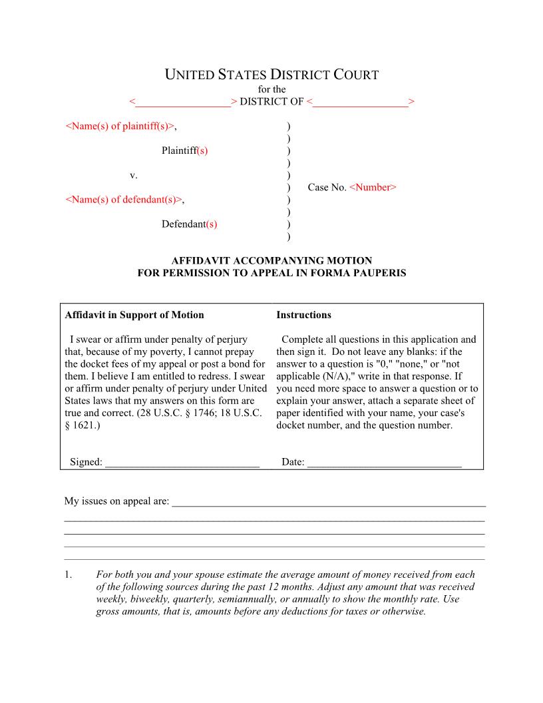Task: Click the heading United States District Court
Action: [271, 75]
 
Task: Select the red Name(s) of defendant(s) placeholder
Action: [124, 199]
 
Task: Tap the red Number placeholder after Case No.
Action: [373, 188]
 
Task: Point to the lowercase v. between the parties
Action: [133, 175]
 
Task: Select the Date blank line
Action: [384, 462]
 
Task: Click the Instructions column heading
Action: [303, 315]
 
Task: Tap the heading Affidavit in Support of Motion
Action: [134, 315]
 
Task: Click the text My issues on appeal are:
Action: [116, 501]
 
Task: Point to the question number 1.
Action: [68, 575]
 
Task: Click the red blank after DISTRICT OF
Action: [360, 102]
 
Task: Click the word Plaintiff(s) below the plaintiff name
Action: [184, 150]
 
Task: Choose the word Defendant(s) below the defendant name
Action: [189, 224]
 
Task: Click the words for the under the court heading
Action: [271, 89]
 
